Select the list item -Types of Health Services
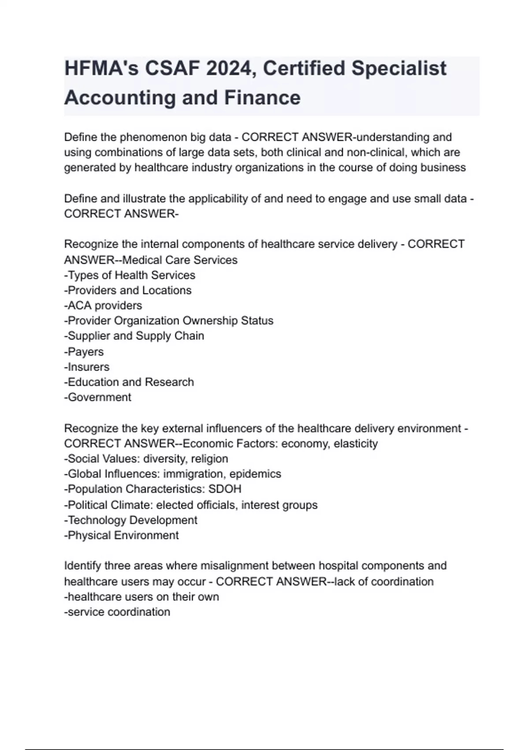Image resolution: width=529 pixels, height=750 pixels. click(x=130, y=275)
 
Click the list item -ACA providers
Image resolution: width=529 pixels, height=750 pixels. click(x=103, y=306)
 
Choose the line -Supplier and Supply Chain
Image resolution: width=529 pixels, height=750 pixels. click(x=134, y=336)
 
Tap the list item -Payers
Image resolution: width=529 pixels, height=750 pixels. click(x=84, y=352)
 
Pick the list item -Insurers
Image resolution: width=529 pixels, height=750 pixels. click(x=87, y=367)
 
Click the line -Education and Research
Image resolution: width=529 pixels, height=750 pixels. click(x=129, y=382)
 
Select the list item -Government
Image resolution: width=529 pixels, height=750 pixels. click(x=97, y=397)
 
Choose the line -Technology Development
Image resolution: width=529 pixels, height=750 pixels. click(x=130, y=520)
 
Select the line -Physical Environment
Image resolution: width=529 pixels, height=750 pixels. click(x=121, y=536)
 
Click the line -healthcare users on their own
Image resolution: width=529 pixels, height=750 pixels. click(x=142, y=597)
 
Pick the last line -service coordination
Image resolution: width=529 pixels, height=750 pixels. click(x=117, y=612)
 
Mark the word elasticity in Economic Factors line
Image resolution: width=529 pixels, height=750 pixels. click(x=356, y=444)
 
